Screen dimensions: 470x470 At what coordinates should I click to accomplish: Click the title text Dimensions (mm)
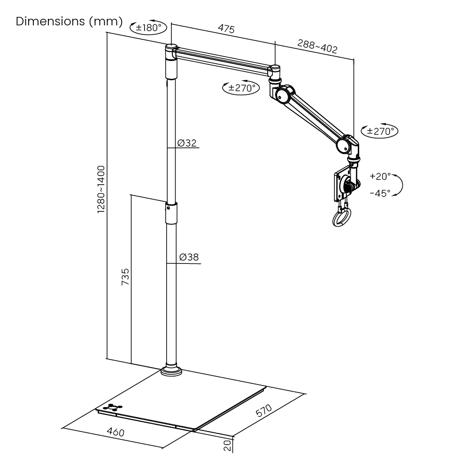coord(69,22)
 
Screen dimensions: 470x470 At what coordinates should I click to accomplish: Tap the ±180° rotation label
coord(148,28)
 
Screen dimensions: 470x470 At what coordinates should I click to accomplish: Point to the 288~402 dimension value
coord(317,46)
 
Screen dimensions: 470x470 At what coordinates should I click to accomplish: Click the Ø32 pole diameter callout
coord(187,143)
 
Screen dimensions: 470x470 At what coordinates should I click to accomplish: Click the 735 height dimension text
coord(125,277)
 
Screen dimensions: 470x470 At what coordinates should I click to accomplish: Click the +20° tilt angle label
coord(380,177)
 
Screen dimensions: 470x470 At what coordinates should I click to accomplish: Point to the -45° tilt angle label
coord(380,193)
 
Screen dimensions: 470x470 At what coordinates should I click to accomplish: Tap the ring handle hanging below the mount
coord(341,218)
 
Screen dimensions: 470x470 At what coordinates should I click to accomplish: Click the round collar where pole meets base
coord(171,371)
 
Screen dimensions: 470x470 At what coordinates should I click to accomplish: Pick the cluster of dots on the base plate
coord(113,407)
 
